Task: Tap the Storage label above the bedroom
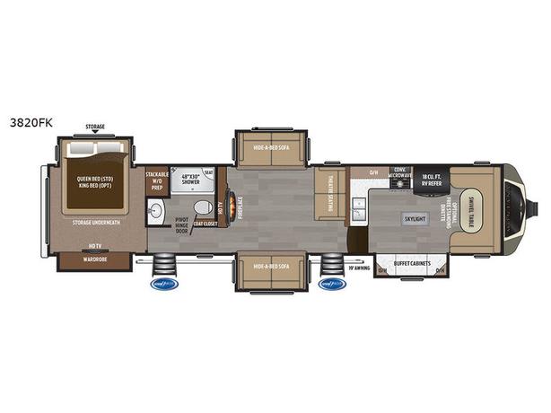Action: click(x=95, y=127)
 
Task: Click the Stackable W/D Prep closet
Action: click(x=157, y=183)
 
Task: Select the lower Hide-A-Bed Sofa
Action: click(x=271, y=266)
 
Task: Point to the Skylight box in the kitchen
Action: click(x=415, y=218)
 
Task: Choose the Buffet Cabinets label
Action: click(x=408, y=263)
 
